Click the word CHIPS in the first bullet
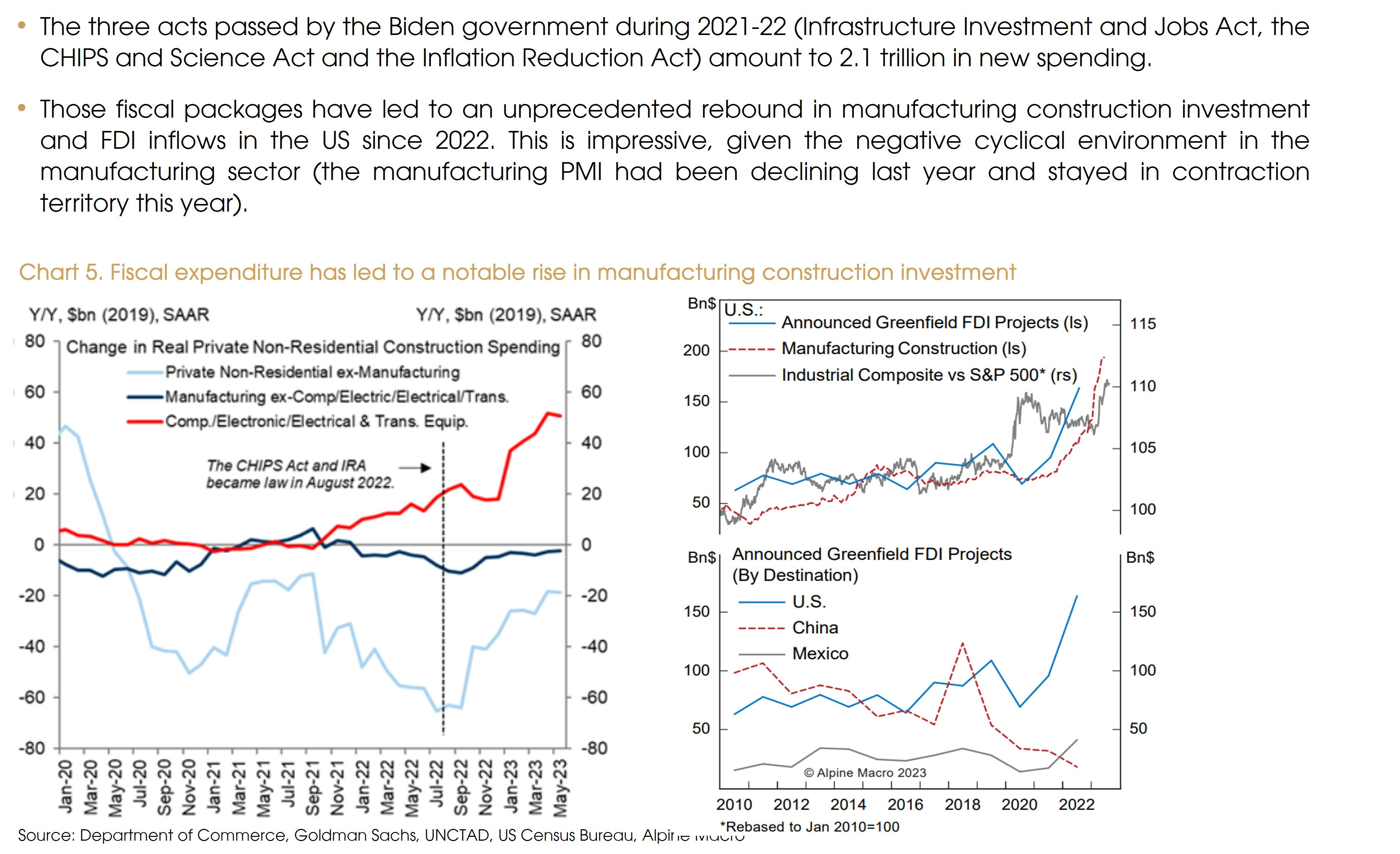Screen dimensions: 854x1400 tap(74, 58)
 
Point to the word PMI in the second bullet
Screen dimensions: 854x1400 tap(581, 172)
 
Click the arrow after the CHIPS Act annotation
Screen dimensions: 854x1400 tap(415, 468)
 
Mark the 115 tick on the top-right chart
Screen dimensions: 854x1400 tap(1143, 324)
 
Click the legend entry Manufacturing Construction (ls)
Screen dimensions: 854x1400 tap(903, 348)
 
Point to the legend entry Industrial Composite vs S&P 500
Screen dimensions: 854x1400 tap(929, 375)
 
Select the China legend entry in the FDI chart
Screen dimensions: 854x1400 tap(815, 628)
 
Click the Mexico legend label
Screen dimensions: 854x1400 tap(820, 653)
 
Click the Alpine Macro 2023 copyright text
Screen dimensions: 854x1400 tap(865, 773)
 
